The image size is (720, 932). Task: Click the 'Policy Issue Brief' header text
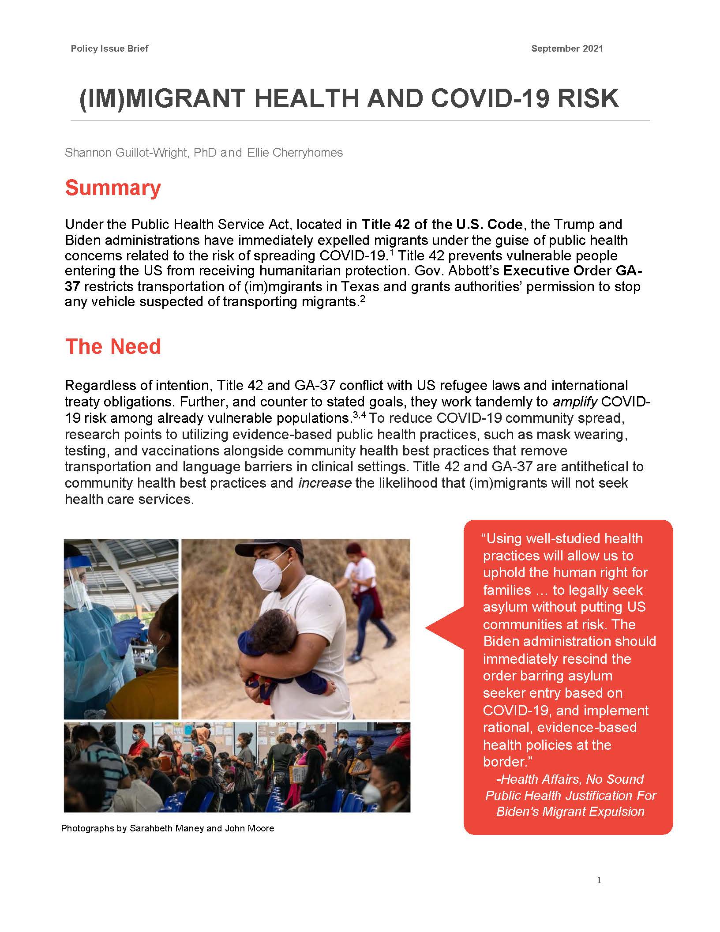point(109,49)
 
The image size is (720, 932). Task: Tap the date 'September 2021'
point(567,49)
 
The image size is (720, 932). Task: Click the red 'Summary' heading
point(113,188)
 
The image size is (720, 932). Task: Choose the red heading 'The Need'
point(113,347)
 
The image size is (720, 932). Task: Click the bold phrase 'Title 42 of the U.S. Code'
point(442,224)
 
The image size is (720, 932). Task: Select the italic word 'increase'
point(325,483)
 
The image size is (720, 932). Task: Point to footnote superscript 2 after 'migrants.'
point(362,299)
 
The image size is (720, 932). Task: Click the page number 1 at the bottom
point(599,880)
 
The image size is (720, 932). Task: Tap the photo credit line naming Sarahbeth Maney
point(168,828)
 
